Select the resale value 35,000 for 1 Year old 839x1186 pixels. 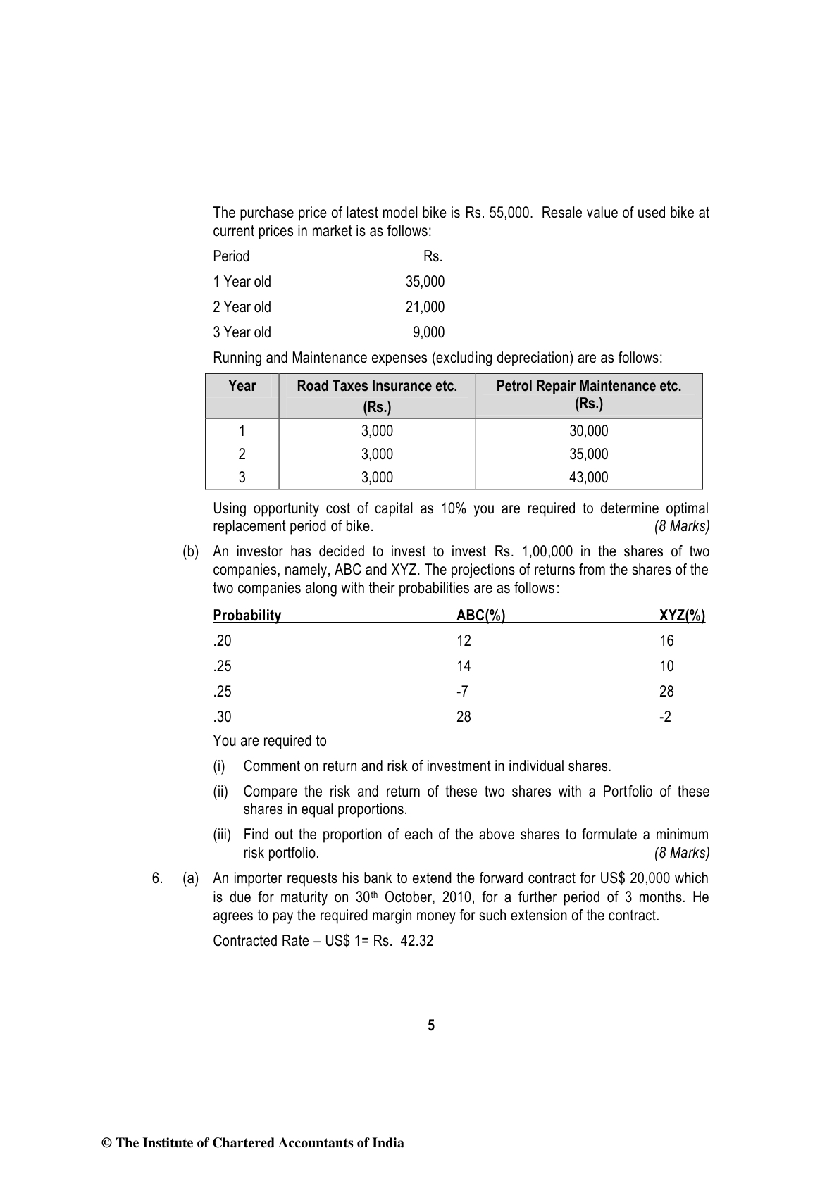(x=425, y=282)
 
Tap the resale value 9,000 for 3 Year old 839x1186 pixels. (x=428, y=332)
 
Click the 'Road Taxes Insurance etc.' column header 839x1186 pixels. (x=377, y=386)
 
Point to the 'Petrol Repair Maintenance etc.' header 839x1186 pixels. (x=588, y=386)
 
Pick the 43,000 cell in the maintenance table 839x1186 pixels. (x=588, y=477)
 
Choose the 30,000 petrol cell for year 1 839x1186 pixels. (x=588, y=431)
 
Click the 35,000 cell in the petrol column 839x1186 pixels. (x=588, y=454)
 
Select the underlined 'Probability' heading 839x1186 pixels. (x=247, y=616)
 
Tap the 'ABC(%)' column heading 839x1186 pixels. (x=480, y=616)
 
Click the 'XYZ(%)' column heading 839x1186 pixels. (x=682, y=616)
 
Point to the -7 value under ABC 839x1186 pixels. (x=462, y=692)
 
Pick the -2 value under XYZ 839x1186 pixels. (x=666, y=717)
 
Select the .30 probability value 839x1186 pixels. (x=222, y=717)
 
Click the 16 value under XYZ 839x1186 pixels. (x=666, y=641)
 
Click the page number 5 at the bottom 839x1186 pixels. (x=431, y=1025)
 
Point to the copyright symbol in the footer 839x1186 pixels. (x=107, y=1143)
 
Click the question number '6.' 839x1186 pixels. (x=157, y=879)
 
